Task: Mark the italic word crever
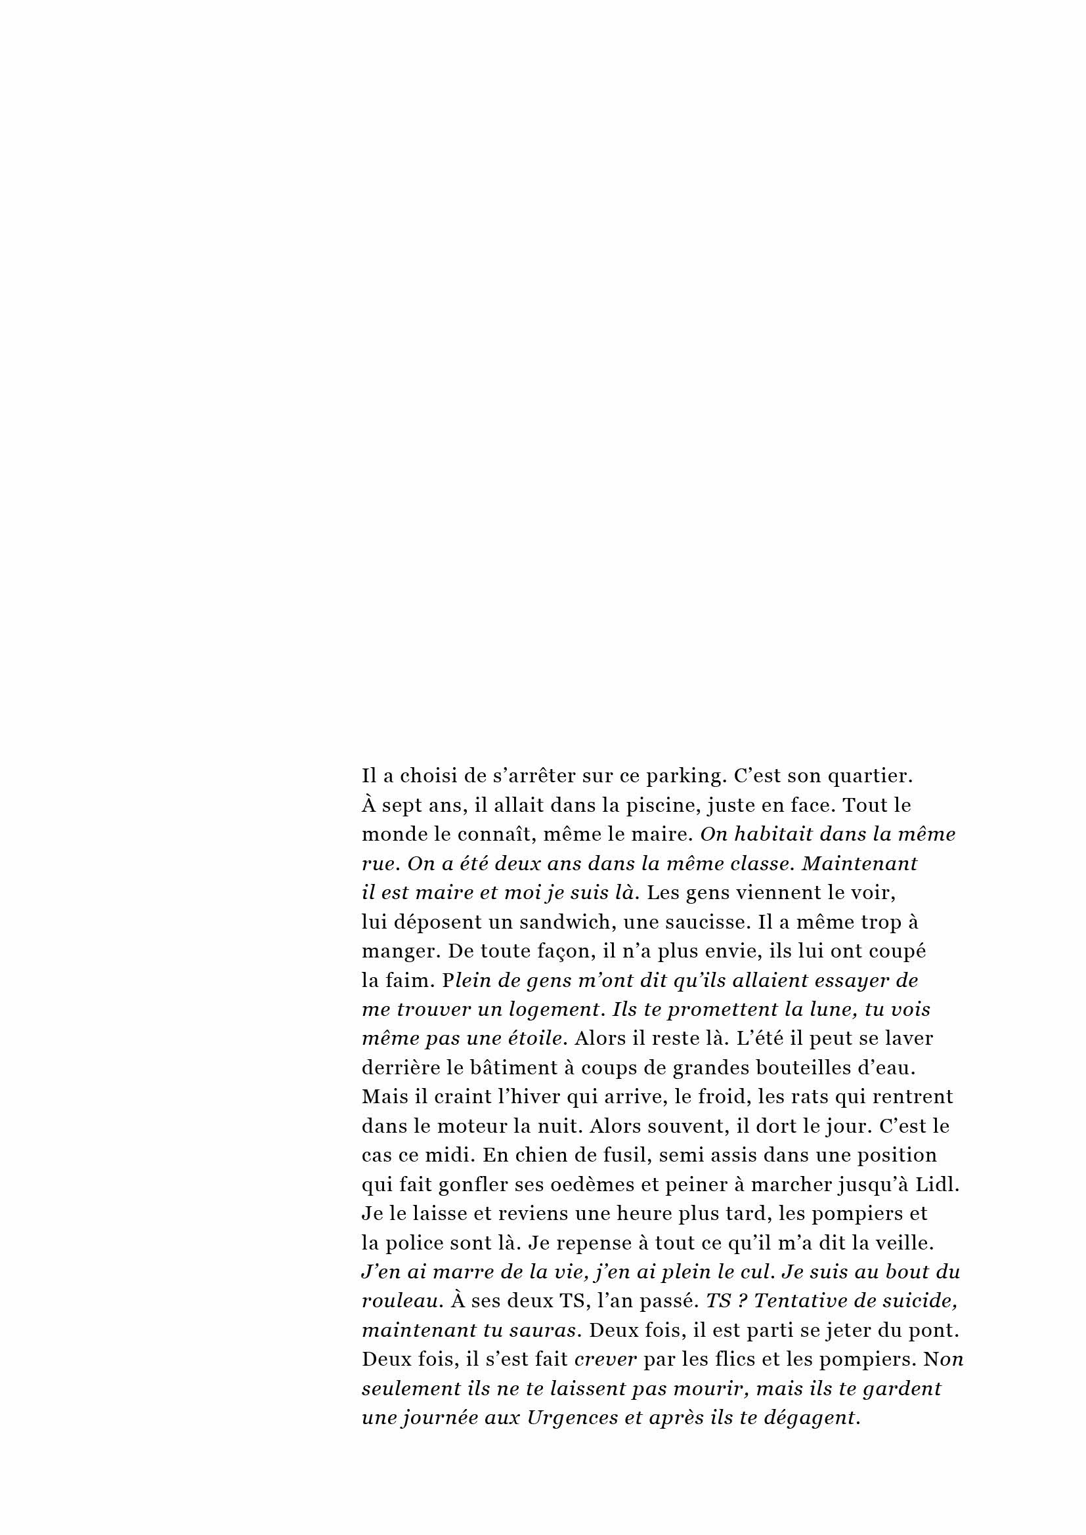pos(605,1360)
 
